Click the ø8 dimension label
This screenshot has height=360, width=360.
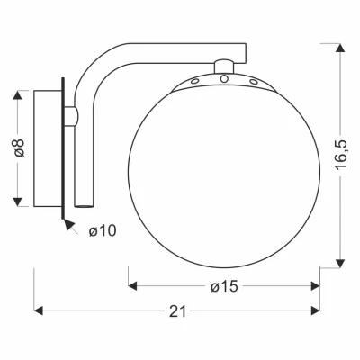point(20,148)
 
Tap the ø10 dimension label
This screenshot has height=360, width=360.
point(103,231)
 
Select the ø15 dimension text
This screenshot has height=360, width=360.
point(224,286)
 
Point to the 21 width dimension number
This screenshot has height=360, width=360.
point(178,311)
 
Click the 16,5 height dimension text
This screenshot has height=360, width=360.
point(341,155)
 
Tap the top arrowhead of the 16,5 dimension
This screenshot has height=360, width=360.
point(340,48)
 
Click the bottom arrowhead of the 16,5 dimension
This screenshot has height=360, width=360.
point(340,263)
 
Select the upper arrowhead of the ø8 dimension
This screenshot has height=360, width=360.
point(18,95)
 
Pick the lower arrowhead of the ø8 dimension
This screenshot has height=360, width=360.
point(18,202)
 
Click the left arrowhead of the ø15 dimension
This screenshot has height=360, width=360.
point(132,286)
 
